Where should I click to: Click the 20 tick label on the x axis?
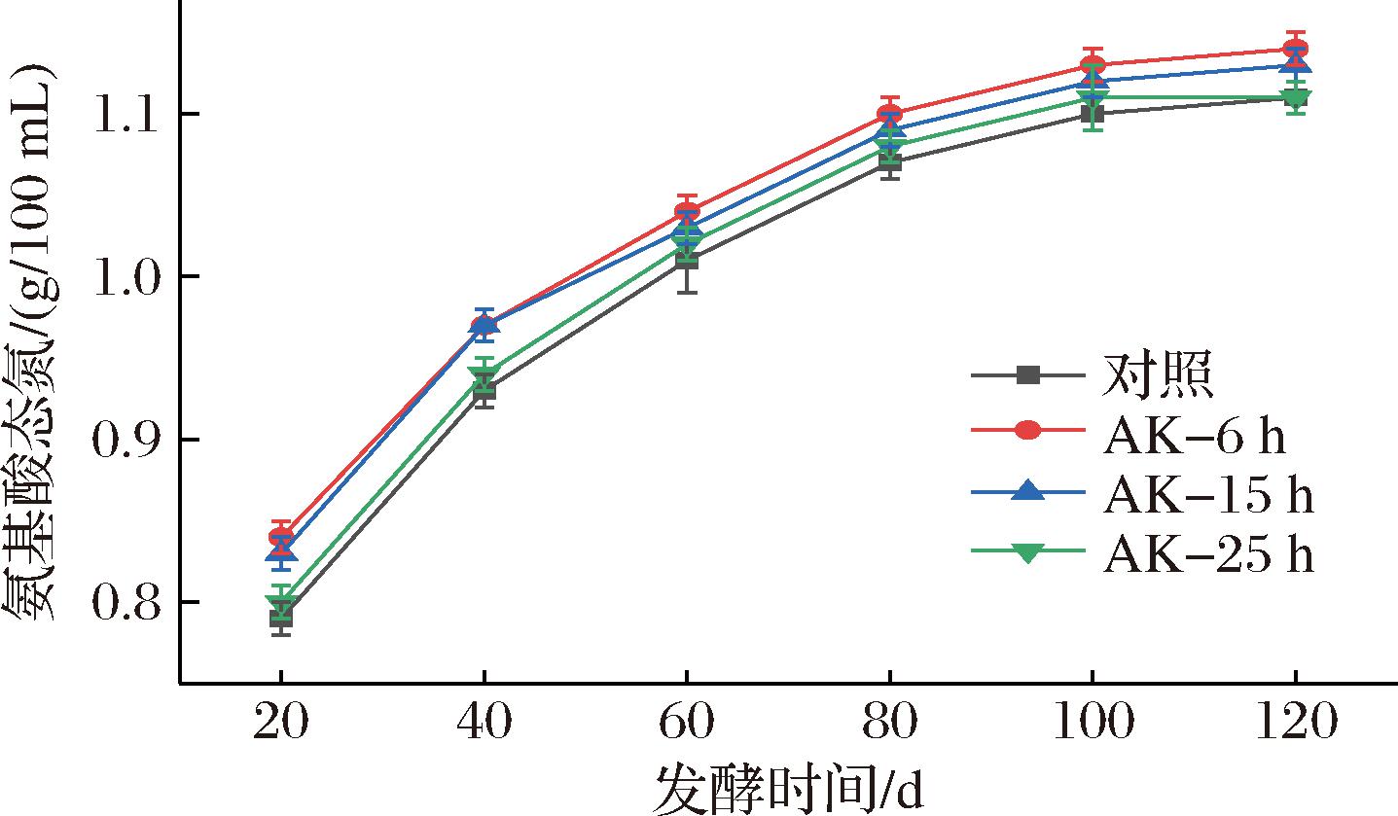(280, 726)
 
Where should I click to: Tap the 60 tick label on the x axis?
(686, 726)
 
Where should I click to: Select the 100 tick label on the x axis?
(1092, 726)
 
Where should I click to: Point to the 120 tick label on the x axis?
(1294, 726)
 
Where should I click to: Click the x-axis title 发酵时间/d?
(788, 788)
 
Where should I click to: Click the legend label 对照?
(1157, 375)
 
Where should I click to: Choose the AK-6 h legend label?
(1194, 435)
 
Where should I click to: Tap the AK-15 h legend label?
(1208, 494)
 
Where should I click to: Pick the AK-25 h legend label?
(1208, 553)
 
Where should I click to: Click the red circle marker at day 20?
(280, 536)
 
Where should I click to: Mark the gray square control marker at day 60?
(686, 261)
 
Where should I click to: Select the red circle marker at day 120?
(1294, 49)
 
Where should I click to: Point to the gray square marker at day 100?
(1092, 114)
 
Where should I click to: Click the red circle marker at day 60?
(686, 211)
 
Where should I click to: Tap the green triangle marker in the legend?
(1026, 552)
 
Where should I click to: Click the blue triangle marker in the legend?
(1026, 492)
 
